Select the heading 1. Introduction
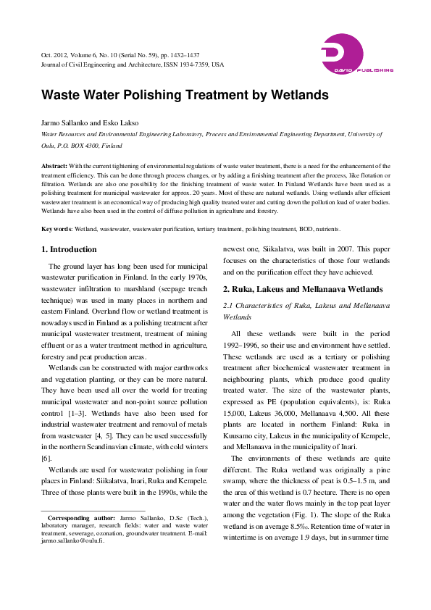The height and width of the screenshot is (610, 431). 69,249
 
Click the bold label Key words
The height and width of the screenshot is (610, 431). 57,228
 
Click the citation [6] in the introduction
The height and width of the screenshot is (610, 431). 45,458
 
